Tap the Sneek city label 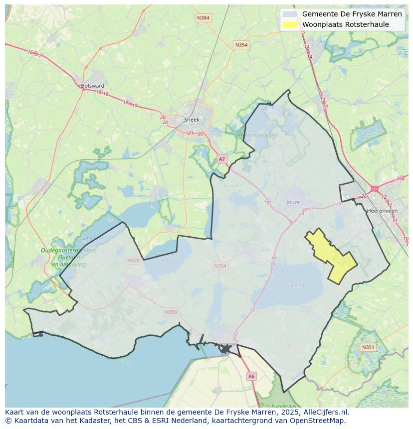192,120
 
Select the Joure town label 293,202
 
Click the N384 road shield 203,18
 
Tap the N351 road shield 368,347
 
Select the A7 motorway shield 222,159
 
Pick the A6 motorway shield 251,377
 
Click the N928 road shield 133,261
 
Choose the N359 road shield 171,312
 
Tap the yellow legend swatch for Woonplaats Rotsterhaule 290,24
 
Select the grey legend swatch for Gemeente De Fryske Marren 290,14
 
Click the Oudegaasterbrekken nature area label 69,251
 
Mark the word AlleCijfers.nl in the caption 325,412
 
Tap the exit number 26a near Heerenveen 400,178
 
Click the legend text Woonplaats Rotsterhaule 345,24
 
